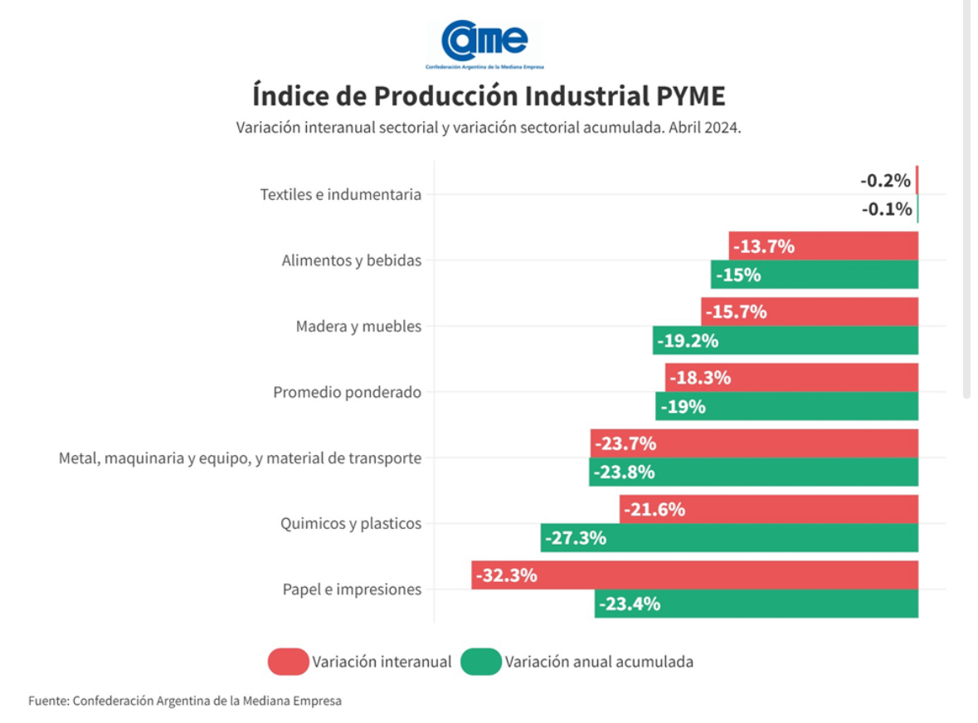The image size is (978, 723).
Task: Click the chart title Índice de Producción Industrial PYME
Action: pos(489,95)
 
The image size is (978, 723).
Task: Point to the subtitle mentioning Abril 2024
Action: pos(488,129)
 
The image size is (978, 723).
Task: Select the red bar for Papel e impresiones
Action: pos(694,575)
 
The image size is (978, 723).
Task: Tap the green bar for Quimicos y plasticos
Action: pos(729,537)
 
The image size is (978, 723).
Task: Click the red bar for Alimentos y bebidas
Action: pos(823,246)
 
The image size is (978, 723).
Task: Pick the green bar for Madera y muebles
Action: pos(785,340)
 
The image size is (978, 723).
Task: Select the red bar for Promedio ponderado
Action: pos(791,378)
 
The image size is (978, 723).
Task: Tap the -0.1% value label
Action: pos(886,209)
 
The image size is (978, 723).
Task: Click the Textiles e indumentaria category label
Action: pos(340,195)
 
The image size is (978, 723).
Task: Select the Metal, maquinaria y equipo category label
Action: pos(240,458)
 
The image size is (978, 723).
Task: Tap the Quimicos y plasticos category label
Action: pos(351,524)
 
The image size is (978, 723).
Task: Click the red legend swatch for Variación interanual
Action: pos(288,662)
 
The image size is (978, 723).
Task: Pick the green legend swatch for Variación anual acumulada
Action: pos(480,662)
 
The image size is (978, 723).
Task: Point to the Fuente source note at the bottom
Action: pos(185,701)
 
